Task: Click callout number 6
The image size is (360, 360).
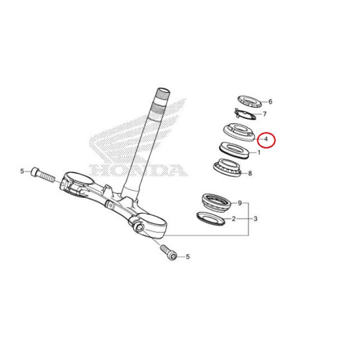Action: point(270,101)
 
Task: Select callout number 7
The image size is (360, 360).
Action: point(264,114)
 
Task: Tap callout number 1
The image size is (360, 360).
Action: point(259,152)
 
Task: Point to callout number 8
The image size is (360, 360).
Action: point(250,173)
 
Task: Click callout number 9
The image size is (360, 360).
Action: point(239,203)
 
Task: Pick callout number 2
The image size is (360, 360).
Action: point(233,219)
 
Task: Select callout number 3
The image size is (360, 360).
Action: point(255,219)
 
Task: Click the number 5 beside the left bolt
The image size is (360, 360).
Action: point(22,171)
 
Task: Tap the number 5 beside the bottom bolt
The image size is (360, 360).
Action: point(188,256)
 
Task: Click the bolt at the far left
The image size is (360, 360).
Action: point(42,175)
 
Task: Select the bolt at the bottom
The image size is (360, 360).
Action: point(168,252)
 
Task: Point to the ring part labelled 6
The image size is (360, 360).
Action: point(249,101)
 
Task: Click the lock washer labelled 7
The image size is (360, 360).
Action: point(245,114)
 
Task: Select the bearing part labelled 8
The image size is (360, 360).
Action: point(227,167)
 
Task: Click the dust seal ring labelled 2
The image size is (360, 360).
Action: point(211,218)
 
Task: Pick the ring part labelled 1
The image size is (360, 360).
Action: point(234,150)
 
